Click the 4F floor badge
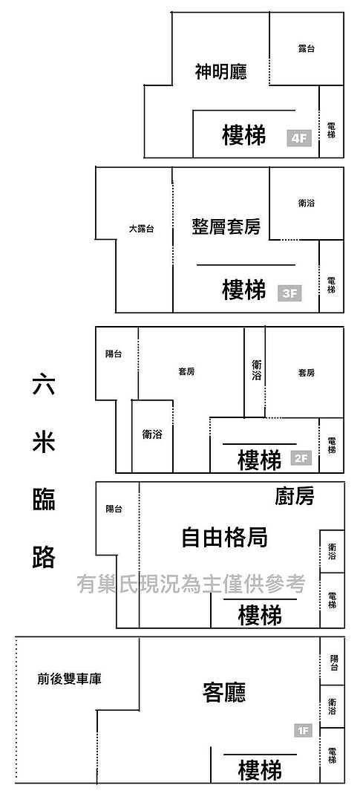point(299,139)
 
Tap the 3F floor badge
point(290,293)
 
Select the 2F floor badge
point(301,457)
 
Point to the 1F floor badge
point(304,730)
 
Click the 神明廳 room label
point(221,71)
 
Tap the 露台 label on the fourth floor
point(307,49)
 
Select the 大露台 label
point(141,229)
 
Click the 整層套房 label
point(226,226)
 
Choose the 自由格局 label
point(225,538)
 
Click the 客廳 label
point(225,693)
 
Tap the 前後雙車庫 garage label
point(70,680)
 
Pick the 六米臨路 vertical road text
point(44,472)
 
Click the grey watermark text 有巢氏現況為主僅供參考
point(191,584)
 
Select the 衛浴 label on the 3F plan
point(307,203)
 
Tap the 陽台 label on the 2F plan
point(114,354)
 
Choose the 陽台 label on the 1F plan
point(334,662)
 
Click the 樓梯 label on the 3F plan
point(244,289)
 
